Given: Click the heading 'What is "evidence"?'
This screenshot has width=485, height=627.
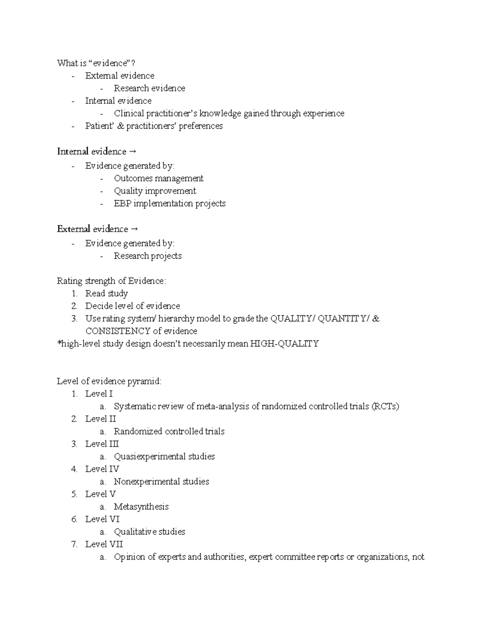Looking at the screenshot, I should [x=96, y=63].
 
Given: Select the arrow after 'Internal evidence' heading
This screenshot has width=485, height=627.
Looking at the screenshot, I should [x=133, y=152].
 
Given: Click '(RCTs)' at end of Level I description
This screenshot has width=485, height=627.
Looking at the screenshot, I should [x=385, y=406].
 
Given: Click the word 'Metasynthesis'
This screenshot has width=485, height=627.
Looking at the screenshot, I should [x=141, y=507].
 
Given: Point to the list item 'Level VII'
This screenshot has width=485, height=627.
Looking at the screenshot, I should [x=104, y=544].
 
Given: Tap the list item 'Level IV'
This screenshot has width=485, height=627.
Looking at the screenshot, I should [x=102, y=469].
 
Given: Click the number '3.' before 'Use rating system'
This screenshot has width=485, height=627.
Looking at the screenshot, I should [x=74, y=319].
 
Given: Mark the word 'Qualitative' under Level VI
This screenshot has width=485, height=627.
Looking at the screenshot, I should [x=135, y=532].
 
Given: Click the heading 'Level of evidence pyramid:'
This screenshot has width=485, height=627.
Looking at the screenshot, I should [x=109, y=381].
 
